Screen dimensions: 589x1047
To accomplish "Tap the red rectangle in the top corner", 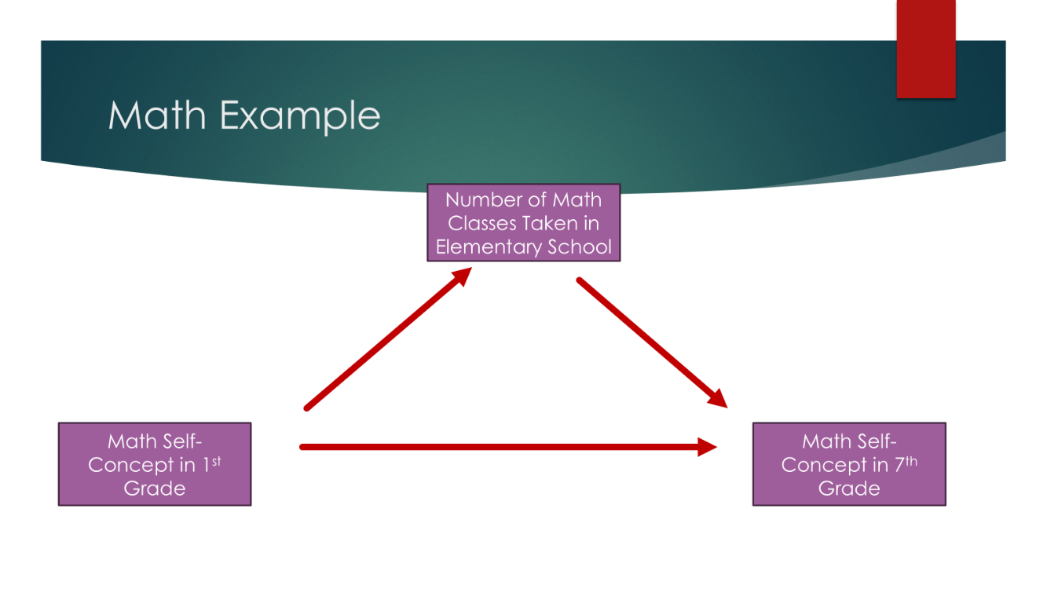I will click(926, 49).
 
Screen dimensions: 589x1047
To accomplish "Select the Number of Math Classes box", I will click(524, 222).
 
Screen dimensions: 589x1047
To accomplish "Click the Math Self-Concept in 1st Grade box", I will click(155, 464).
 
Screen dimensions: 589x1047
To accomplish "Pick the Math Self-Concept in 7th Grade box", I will click(849, 464).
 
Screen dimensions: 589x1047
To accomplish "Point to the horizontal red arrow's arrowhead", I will click(707, 447).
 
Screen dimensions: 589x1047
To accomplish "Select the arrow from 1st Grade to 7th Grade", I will click(503, 447).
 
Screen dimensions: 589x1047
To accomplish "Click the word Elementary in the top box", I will click(478, 247).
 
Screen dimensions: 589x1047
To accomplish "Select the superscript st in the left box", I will click(216, 461).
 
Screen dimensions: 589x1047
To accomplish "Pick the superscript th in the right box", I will click(910, 461).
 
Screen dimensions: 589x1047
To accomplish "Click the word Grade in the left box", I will click(155, 488).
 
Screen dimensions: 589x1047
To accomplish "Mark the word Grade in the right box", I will click(849, 488).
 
